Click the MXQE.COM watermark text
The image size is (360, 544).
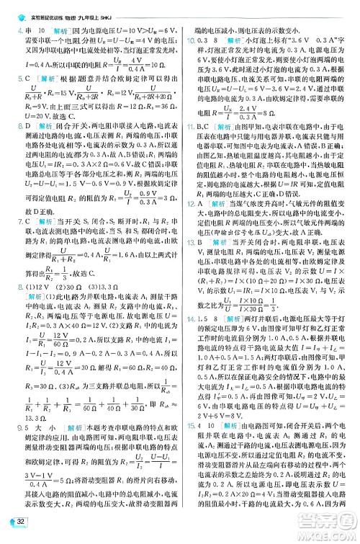(330, 534)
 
